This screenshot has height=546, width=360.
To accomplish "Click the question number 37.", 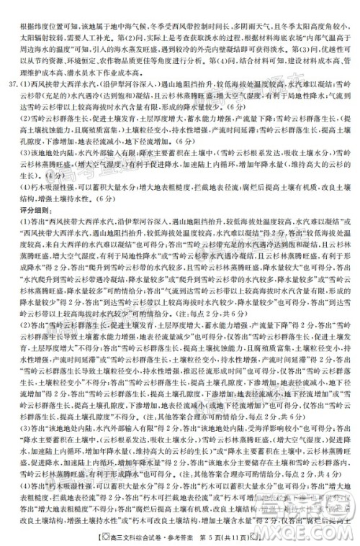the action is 12,82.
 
